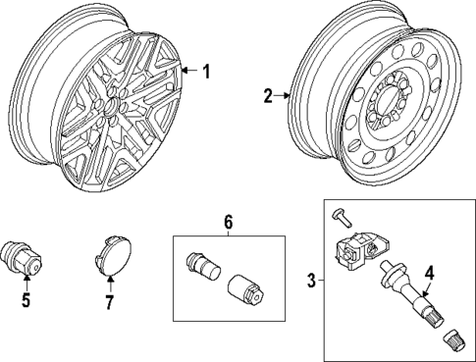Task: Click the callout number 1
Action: [x=206, y=70]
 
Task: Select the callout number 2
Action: [x=267, y=96]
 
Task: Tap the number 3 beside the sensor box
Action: [x=311, y=282]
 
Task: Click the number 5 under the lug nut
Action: [x=26, y=301]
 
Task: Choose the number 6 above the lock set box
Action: [x=228, y=224]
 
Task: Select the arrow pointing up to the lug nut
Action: [x=26, y=283]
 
